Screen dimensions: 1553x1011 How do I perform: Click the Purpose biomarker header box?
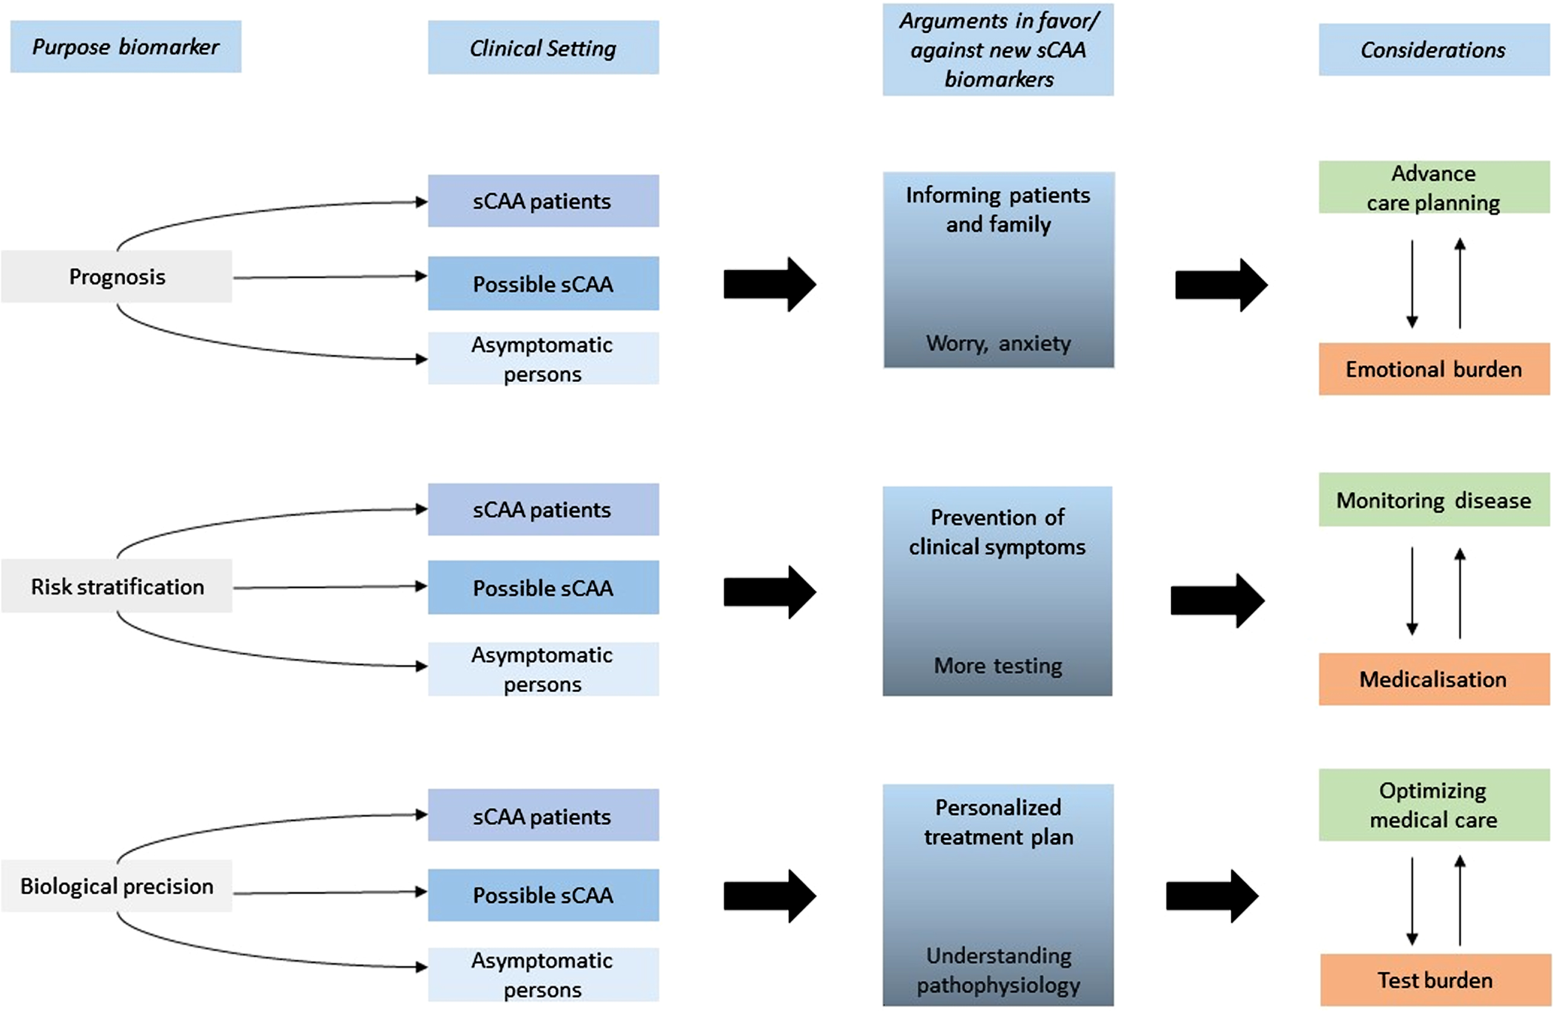click(x=126, y=47)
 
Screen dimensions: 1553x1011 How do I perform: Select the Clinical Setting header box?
click(x=543, y=47)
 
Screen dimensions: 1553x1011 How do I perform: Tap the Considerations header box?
click(x=1433, y=50)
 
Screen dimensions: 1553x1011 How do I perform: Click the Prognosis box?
click(x=117, y=277)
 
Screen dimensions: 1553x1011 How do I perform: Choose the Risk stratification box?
click(x=117, y=586)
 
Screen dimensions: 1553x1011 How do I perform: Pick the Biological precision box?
click(x=117, y=885)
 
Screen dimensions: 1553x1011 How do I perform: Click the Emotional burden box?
click(x=1433, y=369)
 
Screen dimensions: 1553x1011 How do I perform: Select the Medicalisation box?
click(x=1433, y=679)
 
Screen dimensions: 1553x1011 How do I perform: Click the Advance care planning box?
click(x=1433, y=187)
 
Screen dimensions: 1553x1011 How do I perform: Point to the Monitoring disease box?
click(x=1433, y=500)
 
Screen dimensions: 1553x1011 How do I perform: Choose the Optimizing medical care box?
click(x=1433, y=805)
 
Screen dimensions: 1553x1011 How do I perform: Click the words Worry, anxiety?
click(x=998, y=343)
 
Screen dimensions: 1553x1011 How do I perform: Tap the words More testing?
click(x=998, y=665)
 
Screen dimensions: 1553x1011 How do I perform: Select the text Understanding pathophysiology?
click(x=998, y=970)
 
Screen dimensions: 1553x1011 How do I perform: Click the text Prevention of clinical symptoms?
click(x=997, y=532)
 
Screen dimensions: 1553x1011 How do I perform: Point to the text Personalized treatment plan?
click(x=998, y=822)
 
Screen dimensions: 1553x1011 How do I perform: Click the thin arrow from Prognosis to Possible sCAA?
click(x=330, y=277)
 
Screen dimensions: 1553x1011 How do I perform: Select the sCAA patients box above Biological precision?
click(x=543, y=816)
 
